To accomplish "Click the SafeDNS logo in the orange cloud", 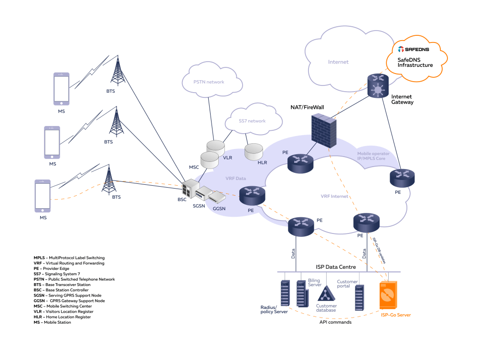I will point(414,49).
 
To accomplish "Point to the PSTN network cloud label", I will point(209,82).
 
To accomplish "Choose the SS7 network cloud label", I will point(252,121).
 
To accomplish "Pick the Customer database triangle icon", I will point(326,294).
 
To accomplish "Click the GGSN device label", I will point(219,209).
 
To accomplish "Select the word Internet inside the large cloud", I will point(338,62).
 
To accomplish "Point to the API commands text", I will point(336,322).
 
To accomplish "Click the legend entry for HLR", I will point(62,317).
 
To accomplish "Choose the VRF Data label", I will point(236,178).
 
